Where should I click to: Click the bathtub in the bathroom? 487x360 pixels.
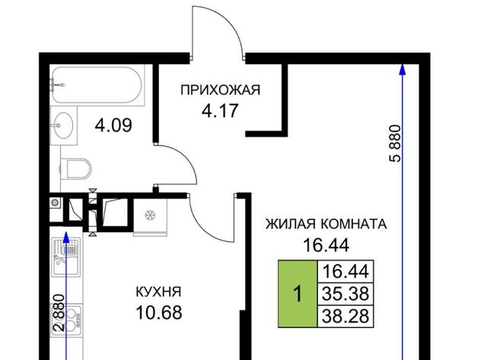point(97,84)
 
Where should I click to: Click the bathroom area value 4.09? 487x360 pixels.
point(113,126)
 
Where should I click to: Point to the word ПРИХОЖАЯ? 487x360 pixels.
point(220,90)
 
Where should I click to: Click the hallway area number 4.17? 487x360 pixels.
point(220,110)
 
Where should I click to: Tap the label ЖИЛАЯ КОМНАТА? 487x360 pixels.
point(326,224)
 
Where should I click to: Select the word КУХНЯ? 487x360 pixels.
point(159,292)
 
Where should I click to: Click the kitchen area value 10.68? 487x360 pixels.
point(159,313)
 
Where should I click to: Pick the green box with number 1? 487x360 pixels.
point(298,294)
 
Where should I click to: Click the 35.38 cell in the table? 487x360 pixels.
point(345,294)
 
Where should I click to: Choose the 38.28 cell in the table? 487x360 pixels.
point(345,316)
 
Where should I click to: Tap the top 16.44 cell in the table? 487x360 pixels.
point(345,272)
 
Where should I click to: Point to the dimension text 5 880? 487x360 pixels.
point(396,144)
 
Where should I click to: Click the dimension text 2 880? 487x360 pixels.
point(59,313)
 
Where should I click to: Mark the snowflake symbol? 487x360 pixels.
point(151,215)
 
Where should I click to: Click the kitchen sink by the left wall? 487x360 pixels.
point(66,257)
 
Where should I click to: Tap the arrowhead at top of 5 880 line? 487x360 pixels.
point(403,69)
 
